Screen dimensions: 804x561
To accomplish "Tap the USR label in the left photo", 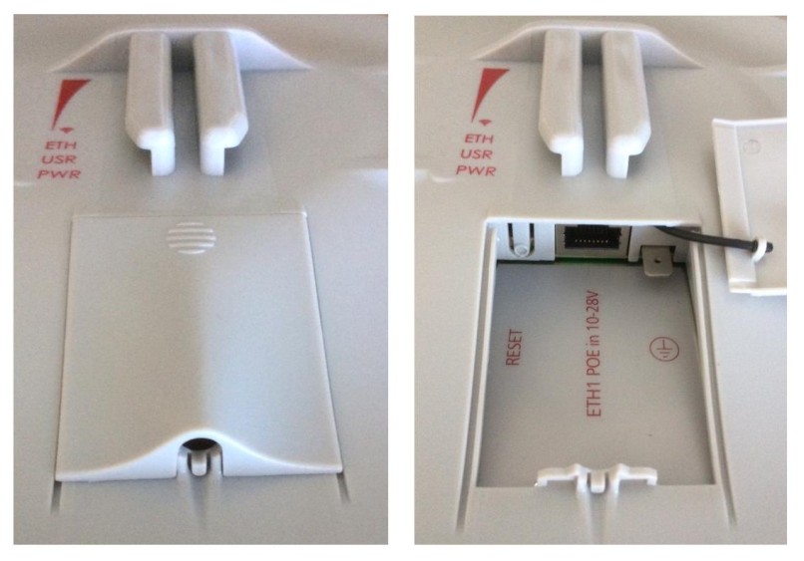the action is click(61, 159).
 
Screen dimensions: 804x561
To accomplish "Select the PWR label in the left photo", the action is click(60, 174).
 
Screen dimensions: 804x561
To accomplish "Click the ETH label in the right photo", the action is click(480, 139).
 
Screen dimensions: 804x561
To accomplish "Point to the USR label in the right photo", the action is click(477, 154).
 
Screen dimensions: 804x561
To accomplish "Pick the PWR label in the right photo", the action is click(477, 170).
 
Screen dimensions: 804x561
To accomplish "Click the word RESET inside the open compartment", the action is click(514, 348).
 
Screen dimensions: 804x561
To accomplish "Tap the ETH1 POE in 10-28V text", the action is click(594, 354).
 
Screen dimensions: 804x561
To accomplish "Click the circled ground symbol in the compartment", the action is click(664, 350).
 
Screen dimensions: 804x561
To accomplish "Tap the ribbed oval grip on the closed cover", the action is click(191, 238).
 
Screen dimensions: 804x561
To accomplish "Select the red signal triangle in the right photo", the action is click(488, 94).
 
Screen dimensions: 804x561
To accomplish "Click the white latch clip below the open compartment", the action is click(597, 477).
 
